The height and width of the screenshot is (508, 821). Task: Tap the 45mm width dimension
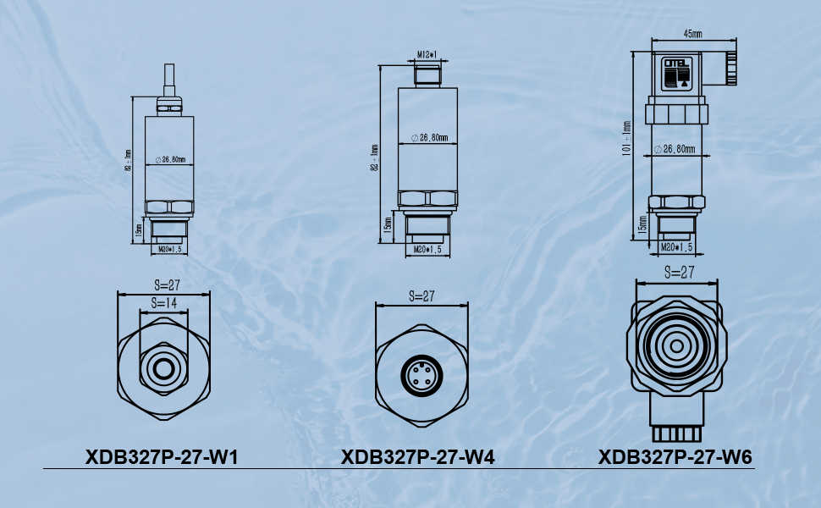(692, 34)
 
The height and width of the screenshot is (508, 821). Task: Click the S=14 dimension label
(164, 302)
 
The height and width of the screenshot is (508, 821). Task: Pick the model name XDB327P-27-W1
(162, 458)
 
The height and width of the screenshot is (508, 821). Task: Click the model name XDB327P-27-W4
(417, 458)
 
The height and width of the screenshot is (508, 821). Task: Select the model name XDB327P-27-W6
(675, 458)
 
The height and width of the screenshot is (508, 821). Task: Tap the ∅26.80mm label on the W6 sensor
(675, 149)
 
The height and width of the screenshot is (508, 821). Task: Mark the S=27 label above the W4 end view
(421, 296)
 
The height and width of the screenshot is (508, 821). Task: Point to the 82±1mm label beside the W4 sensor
(374, 158)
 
